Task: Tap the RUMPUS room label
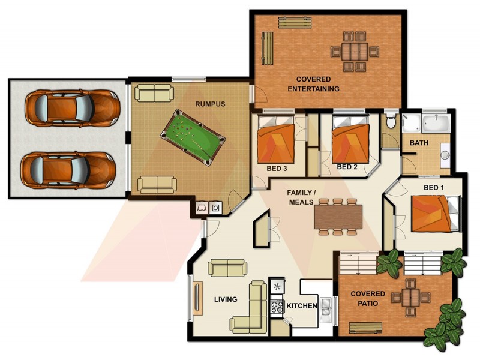pos(210,104)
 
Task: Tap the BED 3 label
pos(277,170)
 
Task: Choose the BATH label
pos(419,144)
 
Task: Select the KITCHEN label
pos(301,306)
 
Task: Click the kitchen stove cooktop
pos(277,307)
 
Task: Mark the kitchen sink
pos(325,307)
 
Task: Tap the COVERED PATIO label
pos(368,299)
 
